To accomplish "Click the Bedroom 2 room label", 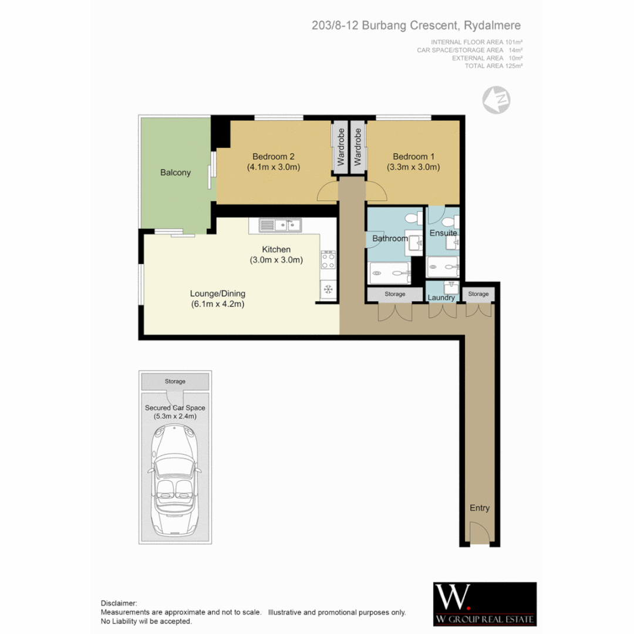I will coord(273,156).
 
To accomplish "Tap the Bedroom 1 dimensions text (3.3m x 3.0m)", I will coord(413,167).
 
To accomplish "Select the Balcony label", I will coord(175,173).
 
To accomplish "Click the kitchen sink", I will coord(281,224).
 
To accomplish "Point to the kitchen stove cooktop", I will coord(328,261).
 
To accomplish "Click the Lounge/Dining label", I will coord(217,294).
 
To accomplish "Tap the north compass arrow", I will coord(496,100).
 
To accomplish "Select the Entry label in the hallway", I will coord(479,508).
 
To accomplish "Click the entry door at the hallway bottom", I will coord(479,534).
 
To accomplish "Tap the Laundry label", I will coord(441,298).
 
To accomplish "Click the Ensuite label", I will coord(443,233).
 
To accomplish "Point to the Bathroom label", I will coord(390,238).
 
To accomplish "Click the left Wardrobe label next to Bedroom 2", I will coord(340,147).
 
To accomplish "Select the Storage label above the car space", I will coord(175,382).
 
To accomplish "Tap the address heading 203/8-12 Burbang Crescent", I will coord(416,26).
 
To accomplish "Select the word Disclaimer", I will coord(119,603).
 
